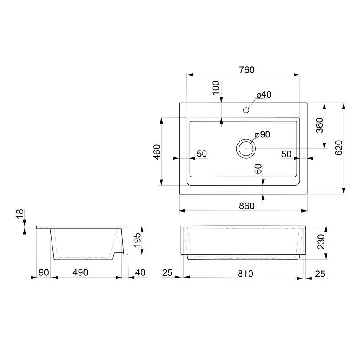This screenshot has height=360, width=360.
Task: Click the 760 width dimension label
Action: click(247, 70)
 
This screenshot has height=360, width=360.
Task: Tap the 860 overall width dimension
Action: click(247, 206)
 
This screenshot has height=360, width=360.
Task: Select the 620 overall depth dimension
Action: click(339, 147)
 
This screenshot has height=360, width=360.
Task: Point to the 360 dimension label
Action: click(320, 125)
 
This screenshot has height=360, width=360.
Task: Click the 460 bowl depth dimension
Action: click(157, 152)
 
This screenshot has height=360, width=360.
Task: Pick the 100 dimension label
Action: click(216, 88)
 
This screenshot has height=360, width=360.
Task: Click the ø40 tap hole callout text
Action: click(264, 95)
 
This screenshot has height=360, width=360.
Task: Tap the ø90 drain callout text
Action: click(262, 134)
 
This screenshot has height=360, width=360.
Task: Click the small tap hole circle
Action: click(246, 110)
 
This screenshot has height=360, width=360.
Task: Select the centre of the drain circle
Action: click(246, 148)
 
